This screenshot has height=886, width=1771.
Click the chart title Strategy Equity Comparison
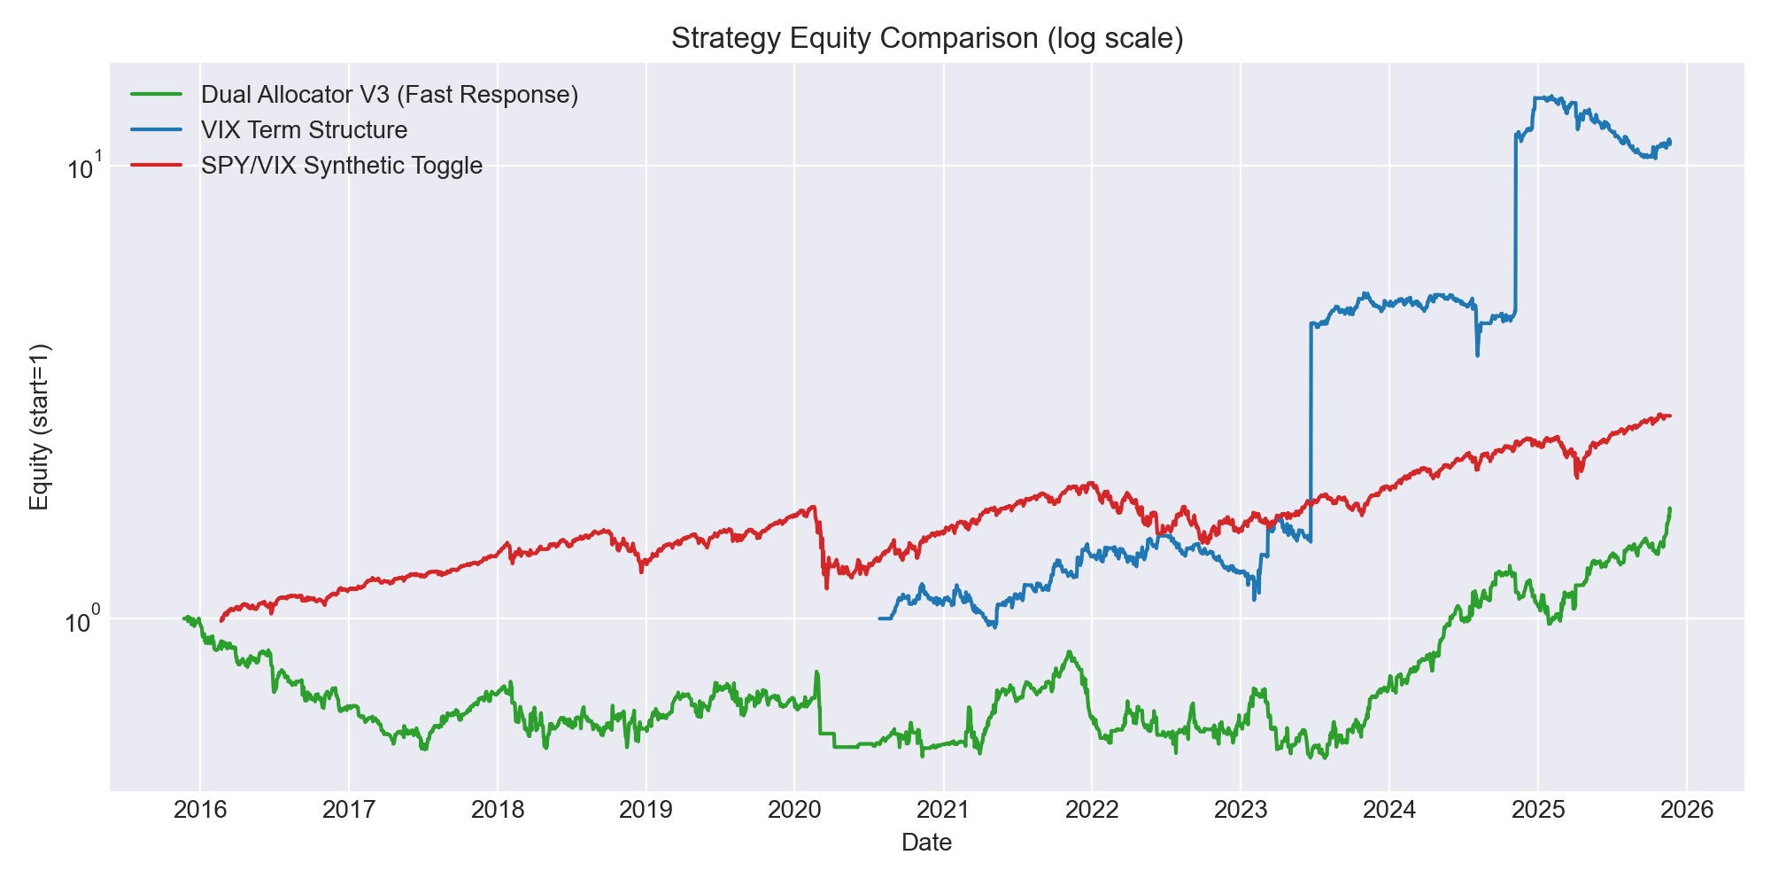[927, 39]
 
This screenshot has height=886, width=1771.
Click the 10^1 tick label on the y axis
[85, 165]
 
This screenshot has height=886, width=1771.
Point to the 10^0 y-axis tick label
[85, 618]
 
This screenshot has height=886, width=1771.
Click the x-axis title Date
[927, 843]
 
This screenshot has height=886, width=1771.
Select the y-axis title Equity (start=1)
[40, 426]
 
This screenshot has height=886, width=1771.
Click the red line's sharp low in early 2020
[827, 588]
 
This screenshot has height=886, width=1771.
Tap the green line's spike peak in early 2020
[816, 672]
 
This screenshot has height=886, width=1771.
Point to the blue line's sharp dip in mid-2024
[1477, 355]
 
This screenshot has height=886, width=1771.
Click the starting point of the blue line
[878, 618]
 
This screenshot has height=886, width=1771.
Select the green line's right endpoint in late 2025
[1670, 509]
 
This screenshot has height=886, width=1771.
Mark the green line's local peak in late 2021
[1070, 651]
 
